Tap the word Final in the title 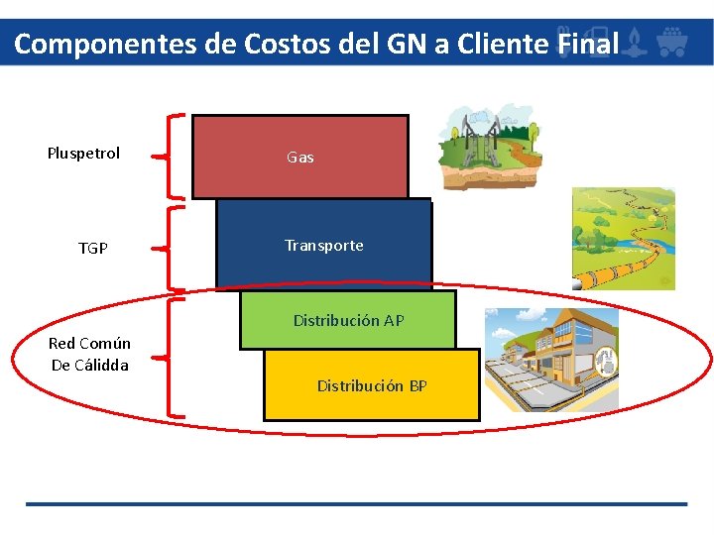[x=589, y=44]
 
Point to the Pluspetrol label [x=83, y=153]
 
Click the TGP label [x=93, y=248]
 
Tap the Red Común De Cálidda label [x=89, y=354]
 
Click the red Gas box [x=299, y=157]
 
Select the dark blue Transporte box [x=323, y=245]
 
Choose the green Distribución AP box [x=347, y=320]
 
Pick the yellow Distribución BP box [x=371, y=385]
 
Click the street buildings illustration [x=550, y=357]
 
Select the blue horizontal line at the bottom [x=356, y=504]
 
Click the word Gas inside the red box [x=299, y=157]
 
